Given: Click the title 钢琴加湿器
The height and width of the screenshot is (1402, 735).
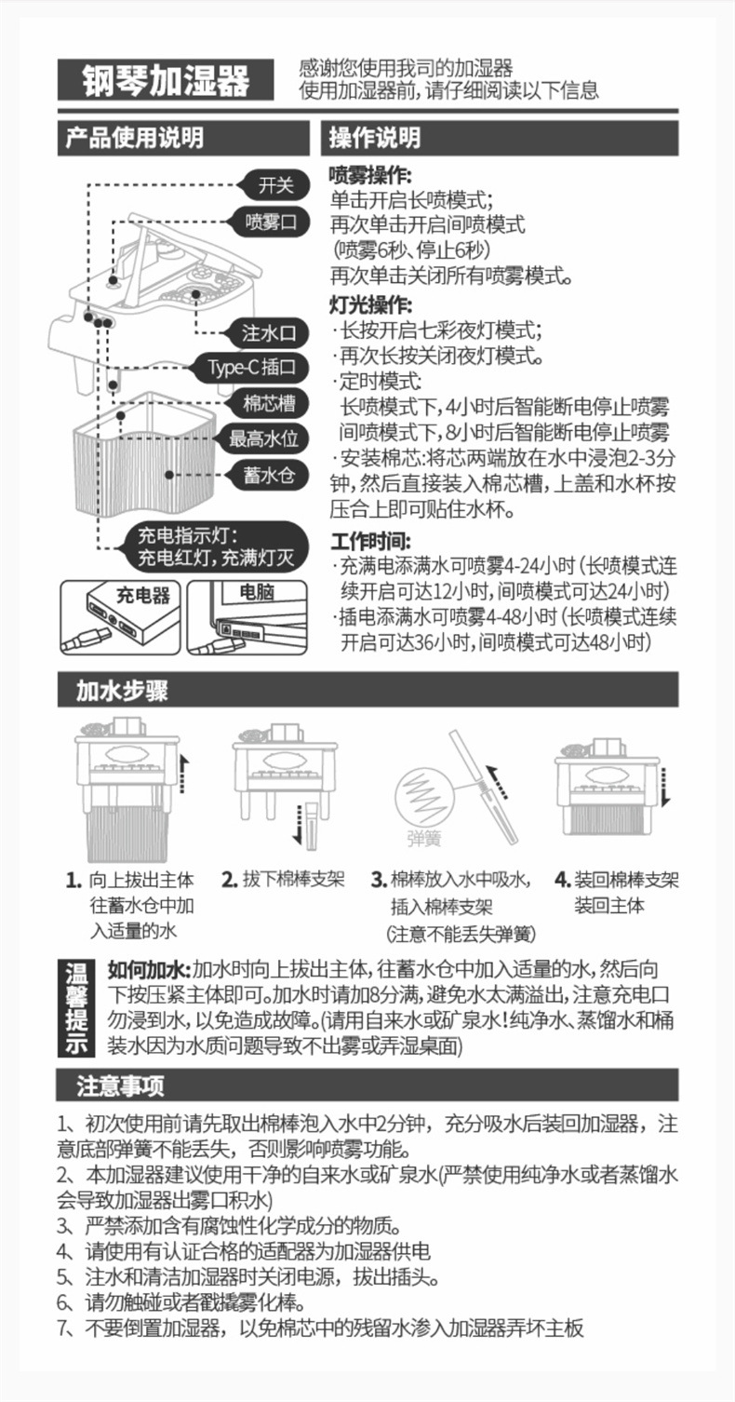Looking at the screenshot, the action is tap(166, 80).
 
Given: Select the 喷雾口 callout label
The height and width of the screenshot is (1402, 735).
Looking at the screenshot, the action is tap(270, 222).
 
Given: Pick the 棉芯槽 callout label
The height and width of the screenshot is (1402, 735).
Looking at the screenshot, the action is tap(269, 402).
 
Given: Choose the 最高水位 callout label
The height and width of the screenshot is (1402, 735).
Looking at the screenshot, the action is tap(262, 438).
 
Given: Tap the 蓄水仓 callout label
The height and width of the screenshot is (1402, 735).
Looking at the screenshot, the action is tap(269, 475).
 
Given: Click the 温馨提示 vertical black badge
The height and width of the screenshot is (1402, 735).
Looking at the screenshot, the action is tap(76, 1008).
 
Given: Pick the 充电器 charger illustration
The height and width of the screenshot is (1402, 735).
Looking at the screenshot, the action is tap(120, 615).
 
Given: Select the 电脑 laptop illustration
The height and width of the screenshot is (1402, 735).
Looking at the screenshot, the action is tap(247, 616).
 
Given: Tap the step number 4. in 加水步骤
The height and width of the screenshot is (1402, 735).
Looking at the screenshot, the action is tap(562, 880).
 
